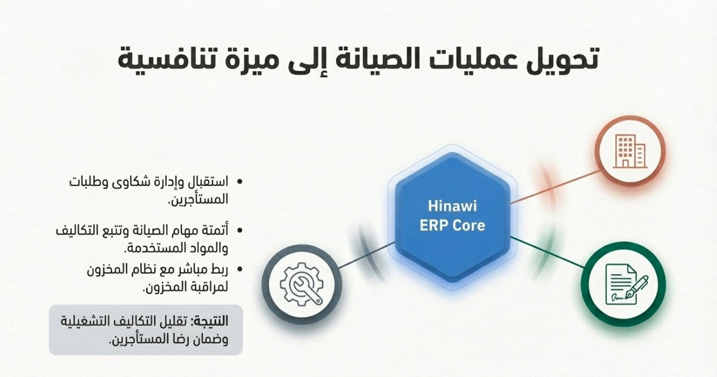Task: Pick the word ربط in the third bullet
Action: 219,269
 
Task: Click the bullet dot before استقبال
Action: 240,182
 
